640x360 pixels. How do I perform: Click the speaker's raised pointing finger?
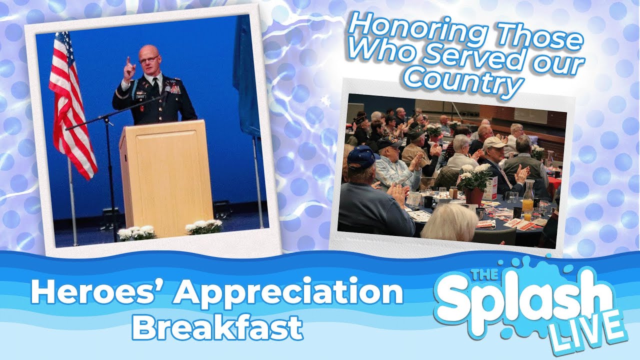point(128,62)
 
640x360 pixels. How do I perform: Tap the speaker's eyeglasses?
point(148,59)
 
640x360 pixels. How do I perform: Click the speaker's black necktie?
point(155,86)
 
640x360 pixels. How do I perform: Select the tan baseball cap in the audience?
point(494,143)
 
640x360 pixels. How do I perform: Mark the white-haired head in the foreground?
point(450,222)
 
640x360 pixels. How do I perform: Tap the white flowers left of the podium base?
point(136,232)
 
